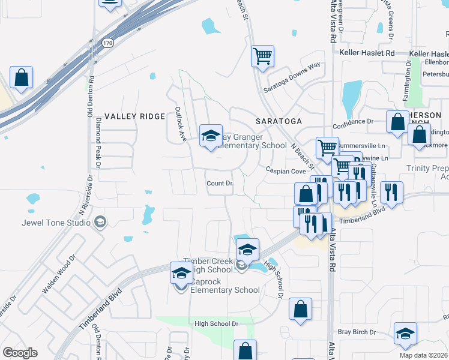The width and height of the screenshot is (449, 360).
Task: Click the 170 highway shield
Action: [107, 43]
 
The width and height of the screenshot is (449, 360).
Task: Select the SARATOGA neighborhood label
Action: [279, 121]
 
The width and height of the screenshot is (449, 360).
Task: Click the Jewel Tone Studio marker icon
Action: [100, 223]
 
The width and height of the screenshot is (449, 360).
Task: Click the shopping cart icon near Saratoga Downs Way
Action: [262, 56]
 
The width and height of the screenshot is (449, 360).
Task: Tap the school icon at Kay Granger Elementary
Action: [211, 136]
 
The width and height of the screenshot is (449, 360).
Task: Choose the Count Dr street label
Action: [218, 183]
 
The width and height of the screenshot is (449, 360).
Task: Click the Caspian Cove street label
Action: [286, 172]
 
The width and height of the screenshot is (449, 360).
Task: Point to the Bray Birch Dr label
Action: [357, 332]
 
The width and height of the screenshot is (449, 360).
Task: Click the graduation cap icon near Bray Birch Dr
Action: [405, 334]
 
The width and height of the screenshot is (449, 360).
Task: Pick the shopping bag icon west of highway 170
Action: [21, 77]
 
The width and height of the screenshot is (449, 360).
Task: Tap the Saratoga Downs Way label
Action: [292, 77]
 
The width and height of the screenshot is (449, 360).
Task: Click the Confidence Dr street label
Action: [353, 121]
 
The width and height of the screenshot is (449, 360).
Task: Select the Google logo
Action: [19, 353]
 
